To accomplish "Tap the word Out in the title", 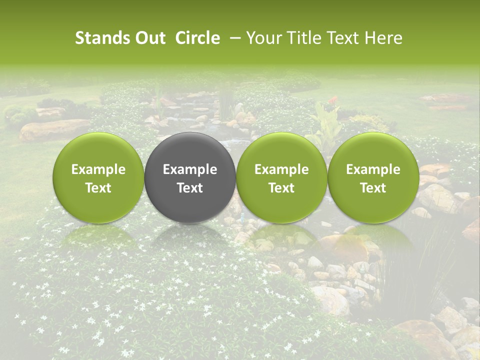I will click(x=149, y=38).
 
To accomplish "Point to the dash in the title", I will click(x=233, y=38).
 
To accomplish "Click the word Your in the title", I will click(x=262, y=38).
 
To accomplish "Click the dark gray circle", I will click(x=190, y=177).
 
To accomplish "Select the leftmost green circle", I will click(x=98, y=177).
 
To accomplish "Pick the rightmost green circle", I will click(x=373, y=177).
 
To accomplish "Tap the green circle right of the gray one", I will click(x=281, y=177).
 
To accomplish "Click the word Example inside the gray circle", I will click(x=190, y=169).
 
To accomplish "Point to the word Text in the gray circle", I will click(x=190, y=188).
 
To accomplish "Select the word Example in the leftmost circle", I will click(x=98, y=169).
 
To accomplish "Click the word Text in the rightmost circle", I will click(x=373, y=188).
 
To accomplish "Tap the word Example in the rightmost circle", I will click(x=373, y=169).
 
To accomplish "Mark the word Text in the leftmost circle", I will click(x=98, y=188).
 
